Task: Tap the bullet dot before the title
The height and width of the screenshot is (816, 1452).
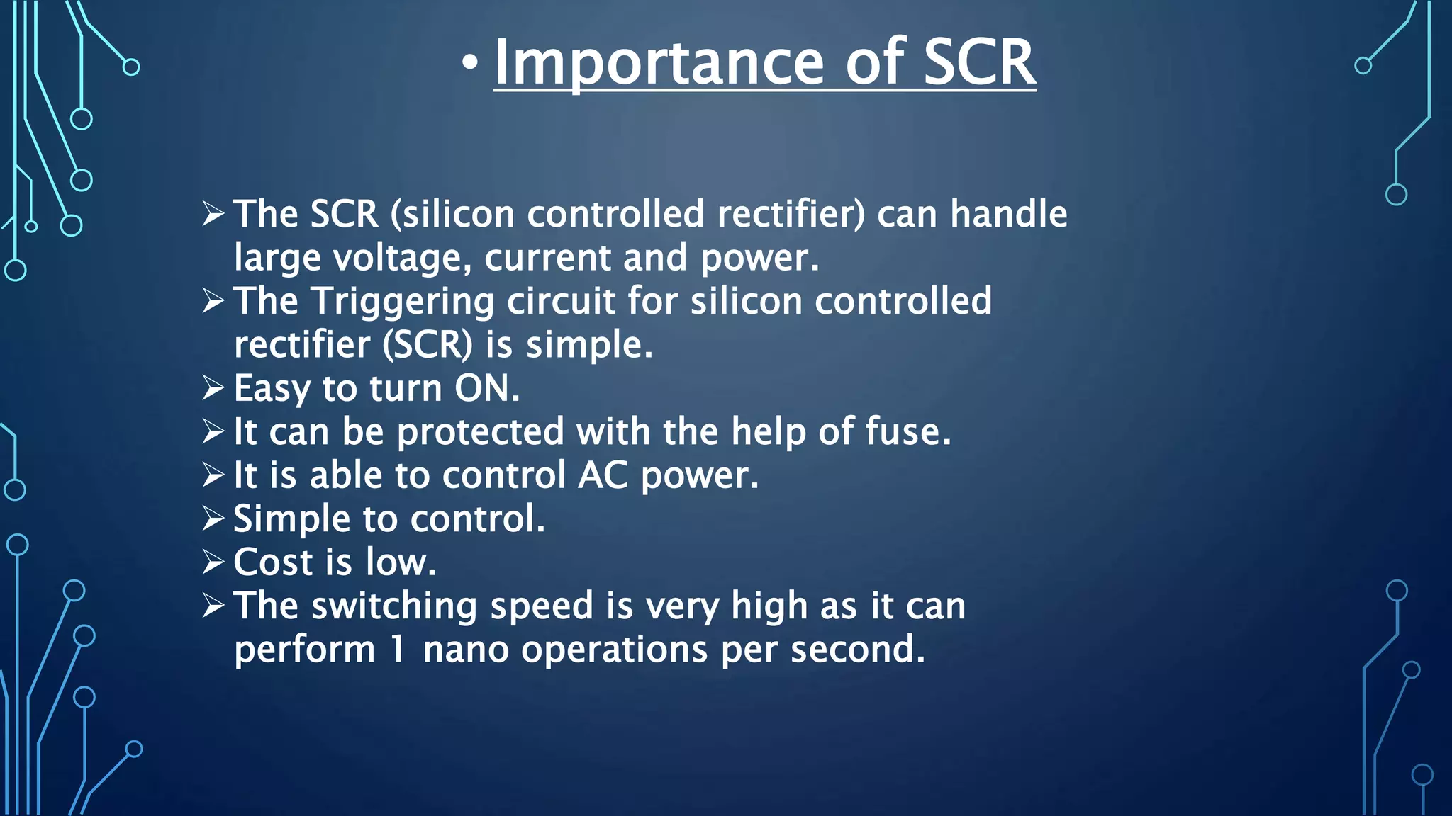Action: click(x=469, y=64)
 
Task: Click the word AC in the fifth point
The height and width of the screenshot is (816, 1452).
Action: click(x=603, y=475)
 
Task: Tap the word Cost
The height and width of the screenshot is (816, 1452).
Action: click(x=273, y=562)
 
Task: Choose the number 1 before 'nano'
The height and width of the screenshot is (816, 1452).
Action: click(x=398, y=650)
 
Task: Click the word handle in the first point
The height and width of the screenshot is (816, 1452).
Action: click(x=1008, y=214)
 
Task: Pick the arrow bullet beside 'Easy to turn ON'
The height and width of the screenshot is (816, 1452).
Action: click(x=213, y=388)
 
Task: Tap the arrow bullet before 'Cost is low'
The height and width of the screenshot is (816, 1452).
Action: click(x=213, y=562)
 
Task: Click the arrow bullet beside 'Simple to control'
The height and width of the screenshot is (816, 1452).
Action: click(x=213, y=518)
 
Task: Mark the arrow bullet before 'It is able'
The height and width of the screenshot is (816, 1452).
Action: click(x=213, y=475)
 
